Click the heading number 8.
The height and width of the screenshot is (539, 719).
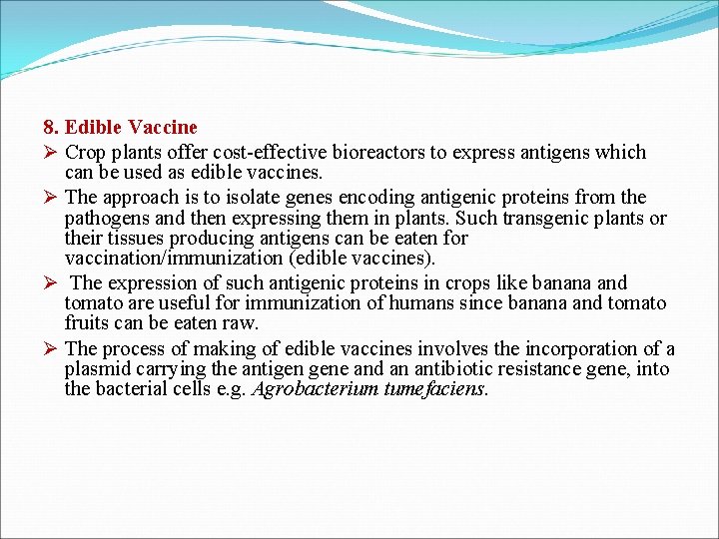pos(51,128)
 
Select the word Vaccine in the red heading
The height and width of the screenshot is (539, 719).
pos(166,128)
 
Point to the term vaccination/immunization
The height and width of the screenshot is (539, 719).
pos(172,259)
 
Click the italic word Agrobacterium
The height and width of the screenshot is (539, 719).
pos(318,389)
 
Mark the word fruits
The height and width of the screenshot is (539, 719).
pos(86,323)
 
